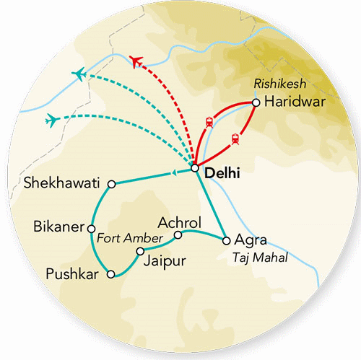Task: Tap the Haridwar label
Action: tap(294, 102)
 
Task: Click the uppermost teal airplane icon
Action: tap(79, 74)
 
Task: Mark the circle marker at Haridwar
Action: tap(256, 103)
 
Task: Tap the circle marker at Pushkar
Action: tap(110, 274)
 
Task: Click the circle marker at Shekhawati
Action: tap(111, 184)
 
